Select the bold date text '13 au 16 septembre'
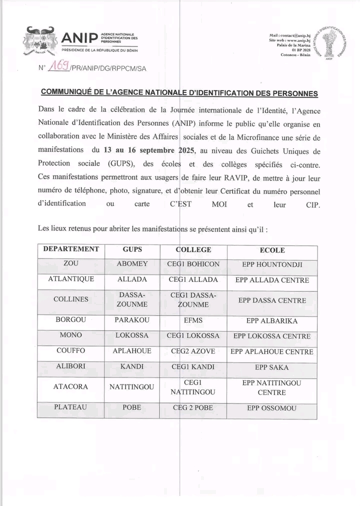[138, 149]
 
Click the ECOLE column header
[272, 250]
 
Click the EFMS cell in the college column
[193, 320]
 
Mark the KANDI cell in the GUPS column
[132, 366]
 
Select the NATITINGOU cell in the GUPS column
[132, 386]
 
